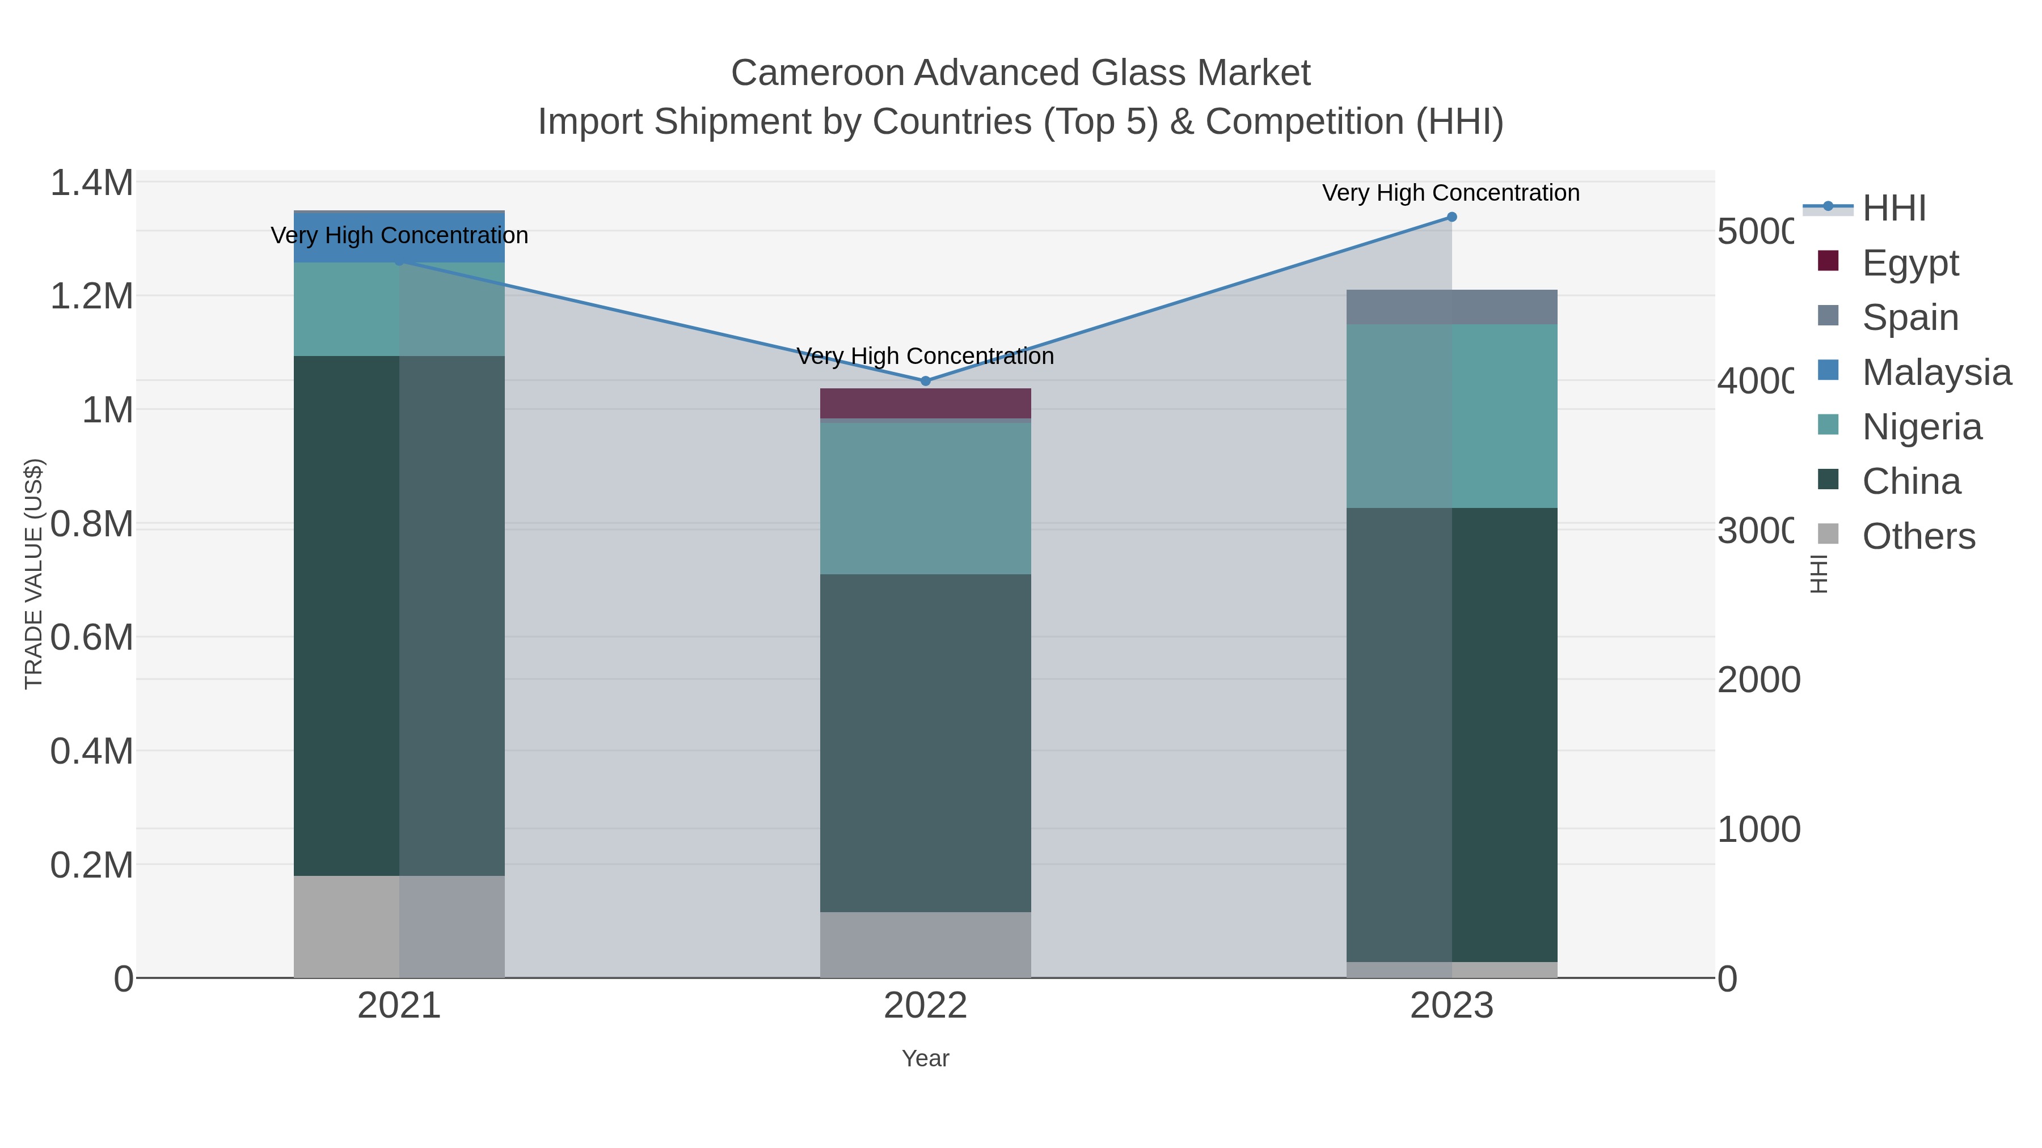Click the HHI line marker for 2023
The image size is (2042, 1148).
point(1452,217)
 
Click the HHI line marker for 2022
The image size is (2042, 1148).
point(925,381)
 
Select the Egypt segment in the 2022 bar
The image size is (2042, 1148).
point(925,403)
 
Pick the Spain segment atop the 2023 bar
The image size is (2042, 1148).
point(1452,307)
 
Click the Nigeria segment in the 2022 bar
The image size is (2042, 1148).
point(925,498)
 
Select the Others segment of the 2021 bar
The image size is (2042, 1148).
point(399,926)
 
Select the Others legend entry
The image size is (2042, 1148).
point(1918,536)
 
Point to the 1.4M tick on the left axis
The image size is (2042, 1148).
point(92,183)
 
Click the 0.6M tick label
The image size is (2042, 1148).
point(92,638)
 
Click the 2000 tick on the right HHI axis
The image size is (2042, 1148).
point(1758,680)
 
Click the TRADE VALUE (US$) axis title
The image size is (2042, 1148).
point(33,574)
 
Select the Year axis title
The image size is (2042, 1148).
point(925,1058)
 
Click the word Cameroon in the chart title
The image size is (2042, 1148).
point(816,73)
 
